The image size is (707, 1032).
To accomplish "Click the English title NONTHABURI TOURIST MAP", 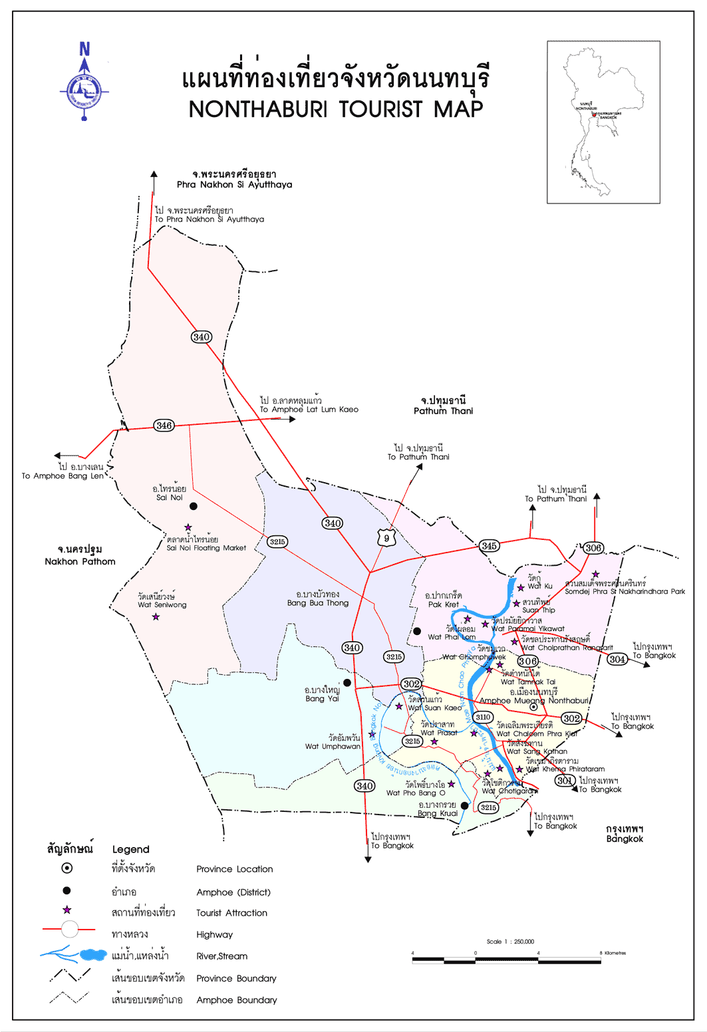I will (336, 109).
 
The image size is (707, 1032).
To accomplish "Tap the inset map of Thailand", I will (603, 122).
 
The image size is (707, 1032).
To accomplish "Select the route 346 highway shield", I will (164, 426).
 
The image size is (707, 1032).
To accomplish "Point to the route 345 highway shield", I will (489, 546).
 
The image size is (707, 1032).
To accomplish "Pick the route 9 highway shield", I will (386, 538).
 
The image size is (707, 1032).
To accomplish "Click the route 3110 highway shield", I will (483, 717).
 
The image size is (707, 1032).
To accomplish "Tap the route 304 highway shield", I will (617, 659).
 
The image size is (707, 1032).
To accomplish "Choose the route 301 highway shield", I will (565, 780).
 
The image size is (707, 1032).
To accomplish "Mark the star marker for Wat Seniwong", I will (156, 617).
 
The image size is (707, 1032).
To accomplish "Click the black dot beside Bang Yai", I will (347, 682).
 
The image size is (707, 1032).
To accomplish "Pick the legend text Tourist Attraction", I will (231, 913).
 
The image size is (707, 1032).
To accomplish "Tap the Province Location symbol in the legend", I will (67, 868).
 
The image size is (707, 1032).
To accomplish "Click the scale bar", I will (506, 960).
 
